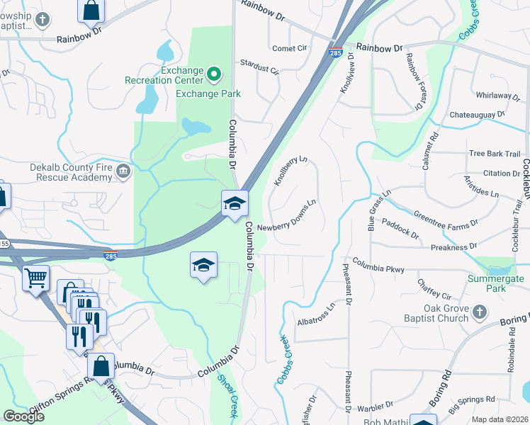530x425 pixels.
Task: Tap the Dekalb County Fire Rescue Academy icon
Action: click(123, 169)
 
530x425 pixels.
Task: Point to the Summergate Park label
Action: click(496, 283)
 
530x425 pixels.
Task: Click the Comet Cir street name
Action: click(291, 48)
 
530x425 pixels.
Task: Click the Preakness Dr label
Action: click(453, 246)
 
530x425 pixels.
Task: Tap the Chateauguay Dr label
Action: click(475, 113)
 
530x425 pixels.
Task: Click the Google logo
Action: click(23, 416)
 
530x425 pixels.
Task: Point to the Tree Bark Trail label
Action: click(494, 154)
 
